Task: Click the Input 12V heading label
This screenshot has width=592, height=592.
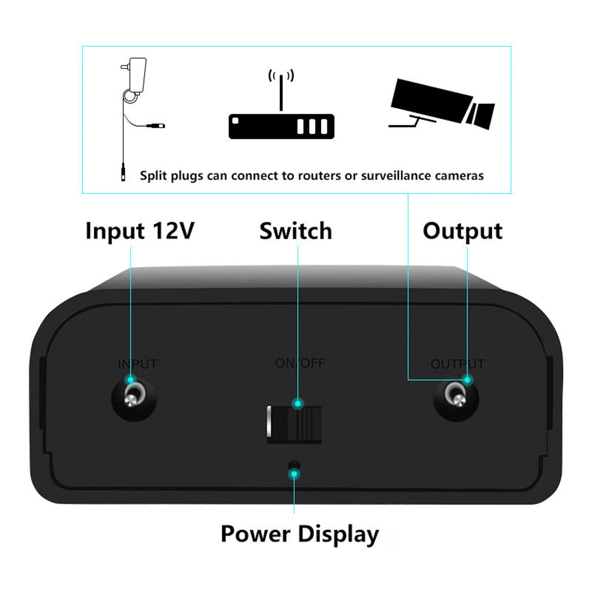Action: (x=140, y=231)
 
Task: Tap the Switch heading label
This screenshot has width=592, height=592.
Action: (x=296, y=231)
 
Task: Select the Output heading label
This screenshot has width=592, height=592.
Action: (x=462, y=231)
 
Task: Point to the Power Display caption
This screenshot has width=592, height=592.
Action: (x=300, y=534)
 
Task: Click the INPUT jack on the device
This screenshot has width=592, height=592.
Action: (x=134, y=399)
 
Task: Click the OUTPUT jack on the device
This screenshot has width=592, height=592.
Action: (x=456, y=399)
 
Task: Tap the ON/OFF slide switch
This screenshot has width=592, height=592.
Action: (x=294, y=424)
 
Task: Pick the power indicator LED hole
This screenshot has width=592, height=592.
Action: (x=294, y=465)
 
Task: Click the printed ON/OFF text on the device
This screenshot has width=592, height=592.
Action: (x=300, y=363)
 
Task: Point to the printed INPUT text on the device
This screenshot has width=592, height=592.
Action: (x=138, y=364)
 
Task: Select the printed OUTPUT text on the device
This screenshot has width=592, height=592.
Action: (x=458, y=364)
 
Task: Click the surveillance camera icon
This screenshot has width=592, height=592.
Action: (x=442, y=104)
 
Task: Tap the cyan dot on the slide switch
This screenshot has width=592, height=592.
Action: (x=298, y=403)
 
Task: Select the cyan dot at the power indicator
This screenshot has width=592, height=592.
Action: (x=294, y=474)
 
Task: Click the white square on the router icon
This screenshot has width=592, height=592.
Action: (x=235, y=121)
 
